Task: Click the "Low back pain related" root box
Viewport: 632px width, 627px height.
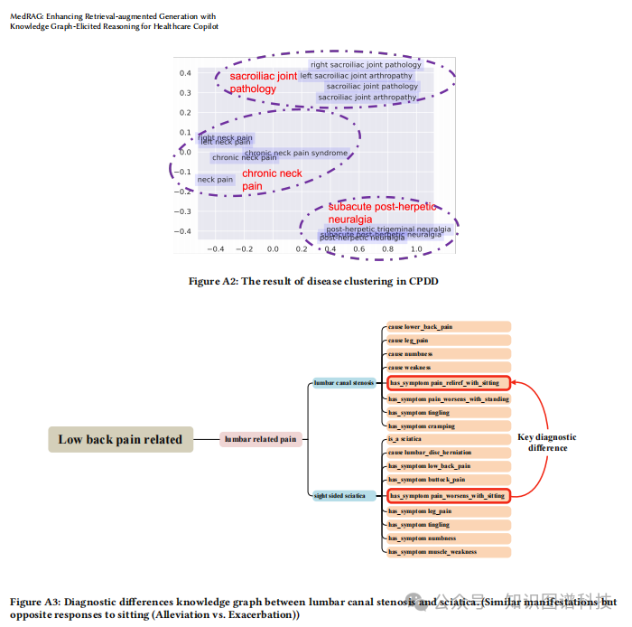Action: [120, 440]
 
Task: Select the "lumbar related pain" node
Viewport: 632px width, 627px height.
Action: [261, 440]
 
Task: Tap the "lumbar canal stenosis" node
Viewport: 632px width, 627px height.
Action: [344, 383]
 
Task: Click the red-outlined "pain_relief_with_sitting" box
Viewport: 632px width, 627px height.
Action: [449, 383]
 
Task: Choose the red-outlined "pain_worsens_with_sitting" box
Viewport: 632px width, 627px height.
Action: [449, 495]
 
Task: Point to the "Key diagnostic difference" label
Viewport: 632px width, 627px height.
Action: [547, 443]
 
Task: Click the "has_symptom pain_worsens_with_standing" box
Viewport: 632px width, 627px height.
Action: [449, 398]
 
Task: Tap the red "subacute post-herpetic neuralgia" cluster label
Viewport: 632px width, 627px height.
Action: [382, 212]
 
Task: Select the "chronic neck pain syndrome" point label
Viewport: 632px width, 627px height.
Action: [296, 154]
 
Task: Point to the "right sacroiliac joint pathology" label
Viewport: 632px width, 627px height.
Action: [367, 65]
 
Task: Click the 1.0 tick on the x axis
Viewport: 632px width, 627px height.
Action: [416, 248]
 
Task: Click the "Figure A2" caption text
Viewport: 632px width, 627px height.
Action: [313, 281]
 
